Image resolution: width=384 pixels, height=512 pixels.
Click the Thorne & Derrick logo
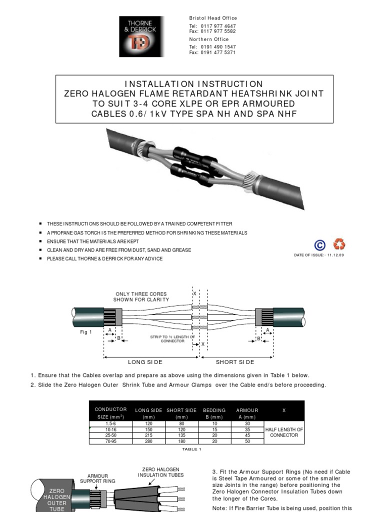tap(141, 36)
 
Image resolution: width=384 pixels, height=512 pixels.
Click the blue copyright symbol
tap(320, 245)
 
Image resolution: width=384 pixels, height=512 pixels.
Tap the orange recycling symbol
tap(339, 244)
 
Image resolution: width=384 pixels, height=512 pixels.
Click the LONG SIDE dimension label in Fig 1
tap(145, 362)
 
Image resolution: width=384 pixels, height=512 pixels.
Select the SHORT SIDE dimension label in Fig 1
tap(235, 362)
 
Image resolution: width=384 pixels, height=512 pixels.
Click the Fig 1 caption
tap(86, 332)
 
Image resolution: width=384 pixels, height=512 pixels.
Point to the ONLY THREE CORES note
tap(141, 297)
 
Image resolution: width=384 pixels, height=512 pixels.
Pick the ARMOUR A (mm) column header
tap(247, 412)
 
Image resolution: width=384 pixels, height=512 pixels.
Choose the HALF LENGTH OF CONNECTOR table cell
tap(283, 432)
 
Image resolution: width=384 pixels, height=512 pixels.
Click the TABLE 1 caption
tap(191, 449)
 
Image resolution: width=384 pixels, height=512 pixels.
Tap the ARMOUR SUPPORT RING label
tap(101, 478)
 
